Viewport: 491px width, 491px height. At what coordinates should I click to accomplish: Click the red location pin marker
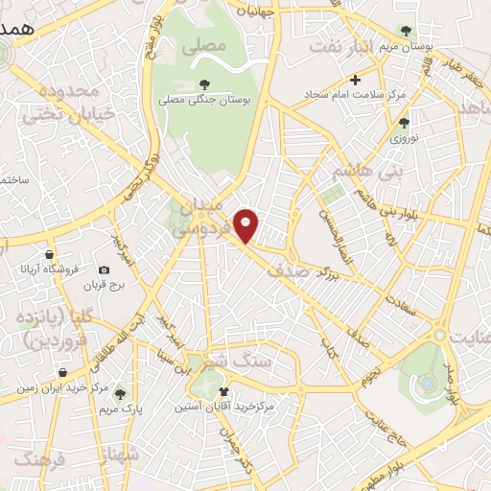coord(247,225)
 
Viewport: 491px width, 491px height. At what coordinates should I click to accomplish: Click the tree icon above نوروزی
coord(404,122)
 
